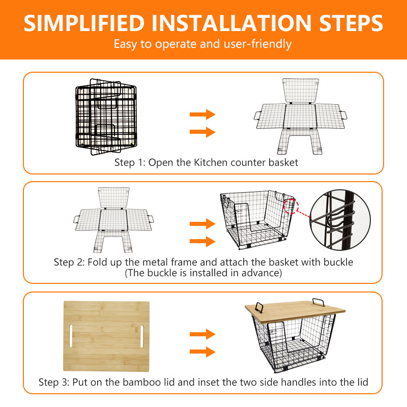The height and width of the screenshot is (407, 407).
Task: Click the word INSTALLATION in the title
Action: [231, 23]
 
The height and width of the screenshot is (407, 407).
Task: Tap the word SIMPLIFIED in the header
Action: [84, 23]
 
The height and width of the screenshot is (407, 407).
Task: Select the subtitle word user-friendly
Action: [257, 44]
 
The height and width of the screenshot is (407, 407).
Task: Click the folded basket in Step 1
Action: [106, 117]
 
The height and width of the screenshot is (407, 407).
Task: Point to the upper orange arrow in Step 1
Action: [202, 114]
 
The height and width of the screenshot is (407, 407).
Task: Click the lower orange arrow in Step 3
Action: [202, 352]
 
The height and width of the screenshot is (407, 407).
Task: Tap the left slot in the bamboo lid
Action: [71, 336]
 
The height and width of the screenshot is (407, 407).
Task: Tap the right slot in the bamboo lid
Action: [142, 336]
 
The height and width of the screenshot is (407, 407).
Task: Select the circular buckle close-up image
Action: [340, 220]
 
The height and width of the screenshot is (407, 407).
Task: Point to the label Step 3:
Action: [54, 383]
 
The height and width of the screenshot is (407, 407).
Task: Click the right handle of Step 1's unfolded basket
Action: [343, 115]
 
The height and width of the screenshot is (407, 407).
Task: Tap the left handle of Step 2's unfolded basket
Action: [77, 219]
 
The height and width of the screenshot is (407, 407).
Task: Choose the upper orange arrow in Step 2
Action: [202, 224]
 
